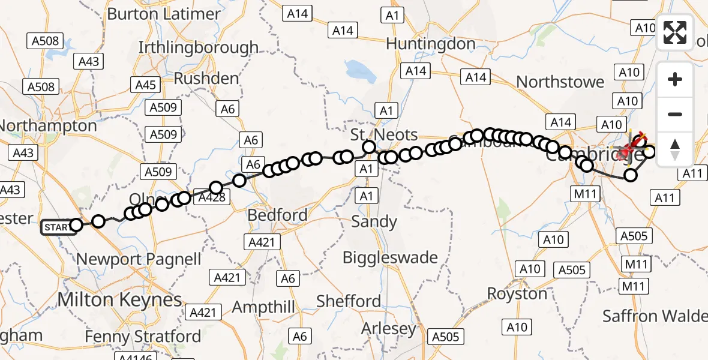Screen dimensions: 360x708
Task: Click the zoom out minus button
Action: (675, 114)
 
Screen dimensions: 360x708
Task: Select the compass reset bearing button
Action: (675, 149)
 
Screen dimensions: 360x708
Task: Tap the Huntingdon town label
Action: (431, 44)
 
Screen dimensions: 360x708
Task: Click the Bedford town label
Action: (279, 215)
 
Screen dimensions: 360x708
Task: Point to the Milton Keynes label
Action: (119, 299)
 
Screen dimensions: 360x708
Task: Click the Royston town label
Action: (517, 294)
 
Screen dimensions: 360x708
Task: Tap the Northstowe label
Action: (560, 82)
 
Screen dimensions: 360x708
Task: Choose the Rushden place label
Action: (206, 78)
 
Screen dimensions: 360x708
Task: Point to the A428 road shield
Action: (213, 197)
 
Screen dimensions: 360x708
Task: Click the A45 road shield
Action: (146, 85)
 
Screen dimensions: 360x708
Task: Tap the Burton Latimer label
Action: (163, 13)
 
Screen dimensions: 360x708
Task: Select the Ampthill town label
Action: (264, 307)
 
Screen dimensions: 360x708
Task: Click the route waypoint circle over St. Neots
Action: (369, 147)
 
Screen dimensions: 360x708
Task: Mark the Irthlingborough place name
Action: (199, 47)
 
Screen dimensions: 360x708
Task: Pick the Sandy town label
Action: (374, 221)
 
